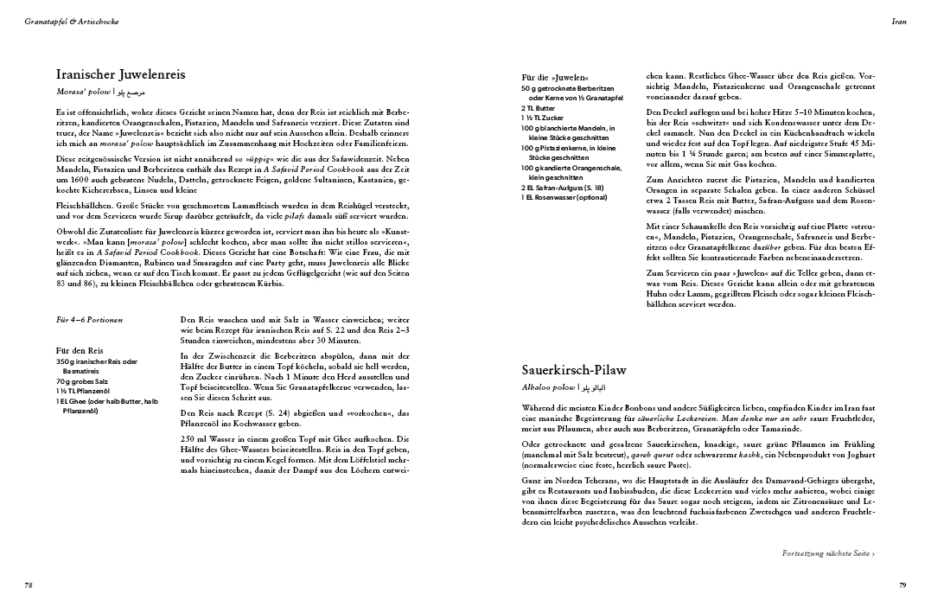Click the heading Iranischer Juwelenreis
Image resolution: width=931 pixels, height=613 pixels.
[120, 74]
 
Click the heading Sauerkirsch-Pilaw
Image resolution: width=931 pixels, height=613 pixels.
[574, 370]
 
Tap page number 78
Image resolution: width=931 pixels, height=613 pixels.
[29, 585]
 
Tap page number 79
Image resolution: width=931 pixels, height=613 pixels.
[902, 585]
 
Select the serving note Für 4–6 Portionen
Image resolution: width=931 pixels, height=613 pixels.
[89, 319]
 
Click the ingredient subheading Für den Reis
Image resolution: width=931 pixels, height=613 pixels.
[80, 350]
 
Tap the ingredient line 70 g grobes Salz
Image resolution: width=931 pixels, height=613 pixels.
[83, 380]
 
